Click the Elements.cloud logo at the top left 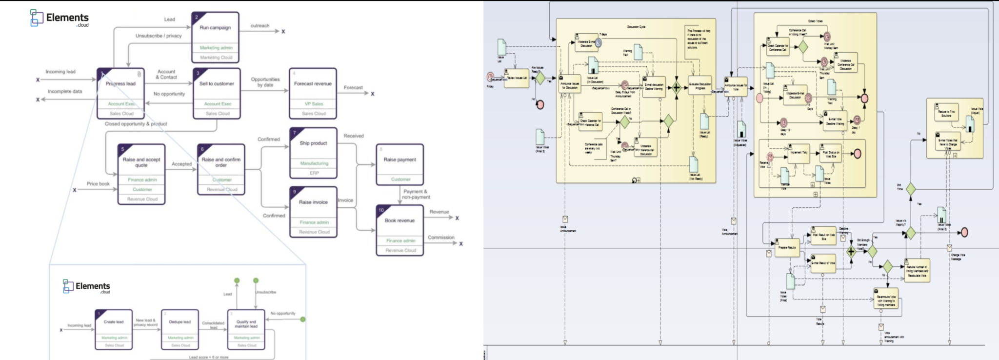pos(60,18)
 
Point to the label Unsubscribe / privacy pos(159,36)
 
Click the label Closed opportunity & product pos(136,124)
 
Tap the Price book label pos(98,184)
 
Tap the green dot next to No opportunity pos(303,320)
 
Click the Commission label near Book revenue pos(441,238)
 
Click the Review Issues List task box pos(516,78)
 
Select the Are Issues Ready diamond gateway pos(540,78)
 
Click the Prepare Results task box pos(786,247)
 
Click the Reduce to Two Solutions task pos(945,112)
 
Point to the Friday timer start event pos(490,77)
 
